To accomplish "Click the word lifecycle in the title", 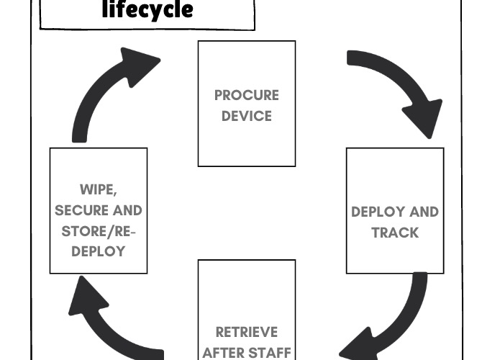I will (147, 10).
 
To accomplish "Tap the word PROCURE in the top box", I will (246, 95).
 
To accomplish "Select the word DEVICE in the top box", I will (246, 116).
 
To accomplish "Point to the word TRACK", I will (395, 233).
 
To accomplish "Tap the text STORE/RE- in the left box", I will (99, 231).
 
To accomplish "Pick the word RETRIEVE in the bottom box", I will (246, 332).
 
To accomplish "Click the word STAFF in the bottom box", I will (268, 352).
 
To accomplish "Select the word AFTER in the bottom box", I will (224, 352).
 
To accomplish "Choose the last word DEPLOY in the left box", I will (99, 251).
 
